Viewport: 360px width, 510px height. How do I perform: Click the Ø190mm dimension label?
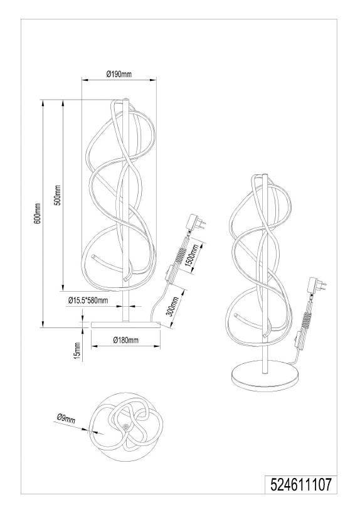coord(119,74)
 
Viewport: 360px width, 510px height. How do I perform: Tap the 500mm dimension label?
coord(57,195)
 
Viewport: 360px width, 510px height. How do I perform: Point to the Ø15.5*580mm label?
coord(88,300)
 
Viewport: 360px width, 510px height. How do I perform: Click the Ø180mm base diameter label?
coord(126,340)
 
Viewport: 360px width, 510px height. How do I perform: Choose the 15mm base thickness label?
coord(77,351)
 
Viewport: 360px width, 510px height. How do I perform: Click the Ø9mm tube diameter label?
coord(66,418)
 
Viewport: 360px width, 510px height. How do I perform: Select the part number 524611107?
coord(301,484)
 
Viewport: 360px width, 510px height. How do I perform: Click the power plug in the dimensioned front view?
coord(196,222)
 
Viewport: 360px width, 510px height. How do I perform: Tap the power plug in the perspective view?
coord(317,285)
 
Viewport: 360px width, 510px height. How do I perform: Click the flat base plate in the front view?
coord(126,324)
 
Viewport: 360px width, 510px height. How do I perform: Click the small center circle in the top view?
coord(126,426)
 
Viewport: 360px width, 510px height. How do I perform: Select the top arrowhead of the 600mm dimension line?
coord(42,103)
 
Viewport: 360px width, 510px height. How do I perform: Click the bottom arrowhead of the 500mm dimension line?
coord(63,287)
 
